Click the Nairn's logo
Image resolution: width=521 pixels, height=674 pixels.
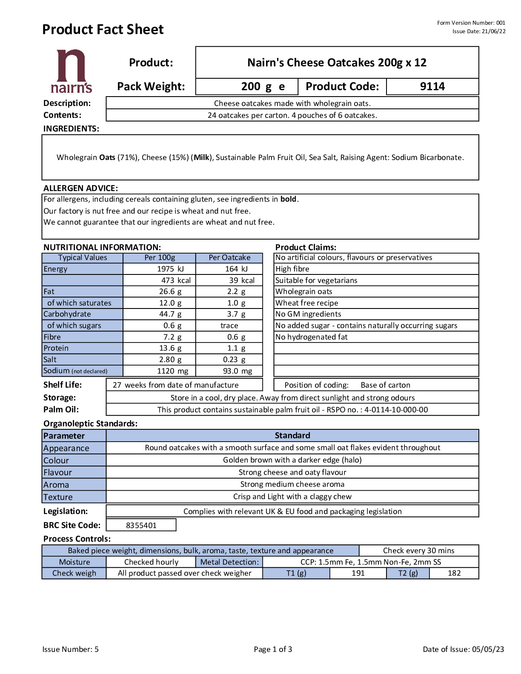71,71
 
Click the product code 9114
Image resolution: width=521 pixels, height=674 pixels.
432,86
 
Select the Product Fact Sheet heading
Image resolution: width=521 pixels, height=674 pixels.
103,29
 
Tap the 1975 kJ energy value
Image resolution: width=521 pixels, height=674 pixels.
170,269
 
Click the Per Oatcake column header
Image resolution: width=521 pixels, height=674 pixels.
229,257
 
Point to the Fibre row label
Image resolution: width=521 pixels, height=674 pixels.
52,337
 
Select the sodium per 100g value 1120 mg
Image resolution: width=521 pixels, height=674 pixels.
172,371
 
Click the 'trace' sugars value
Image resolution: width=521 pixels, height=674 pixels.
229,326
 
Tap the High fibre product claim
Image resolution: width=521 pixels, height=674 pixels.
292,269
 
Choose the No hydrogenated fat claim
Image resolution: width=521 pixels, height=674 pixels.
311,337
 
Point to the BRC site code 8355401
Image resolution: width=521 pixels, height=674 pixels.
141,525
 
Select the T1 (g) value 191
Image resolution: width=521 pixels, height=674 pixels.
358,573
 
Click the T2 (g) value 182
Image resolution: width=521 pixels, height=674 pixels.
454,573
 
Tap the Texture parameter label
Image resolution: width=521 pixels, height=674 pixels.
58,497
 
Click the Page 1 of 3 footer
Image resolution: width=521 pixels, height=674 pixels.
273,649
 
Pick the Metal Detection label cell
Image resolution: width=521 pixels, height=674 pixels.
229,562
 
